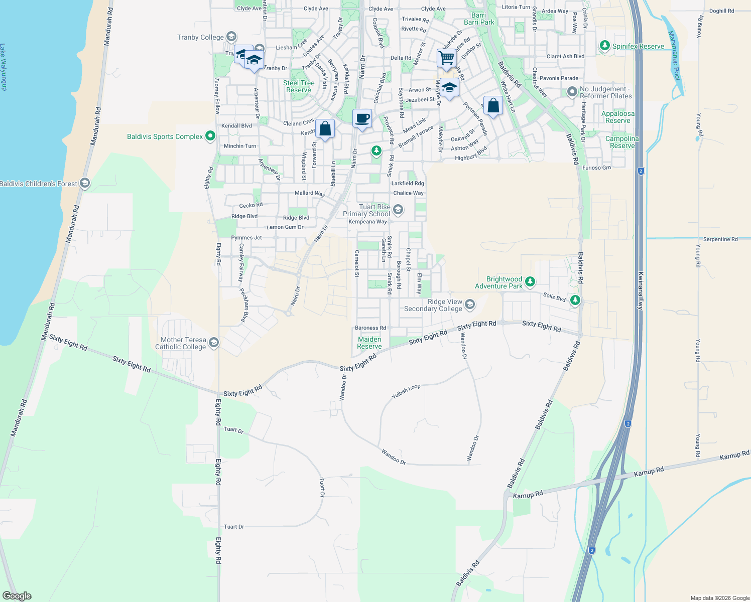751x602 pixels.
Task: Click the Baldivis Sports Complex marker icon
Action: tap(210, 136)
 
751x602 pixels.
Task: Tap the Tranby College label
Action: tap(200, 37)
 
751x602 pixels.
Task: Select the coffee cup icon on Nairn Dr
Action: tap(362, 119)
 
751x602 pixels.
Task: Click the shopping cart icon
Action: tap(446, 58)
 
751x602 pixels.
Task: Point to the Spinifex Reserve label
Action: tap(638, 46)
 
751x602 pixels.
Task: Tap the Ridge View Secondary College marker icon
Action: tap(470, 304)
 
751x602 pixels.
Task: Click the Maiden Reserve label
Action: tap(369, 343)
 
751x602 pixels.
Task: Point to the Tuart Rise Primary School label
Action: tap(366, 210)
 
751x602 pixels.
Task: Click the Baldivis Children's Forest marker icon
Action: tap(85, 184)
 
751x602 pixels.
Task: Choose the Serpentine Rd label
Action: tap(720, 239)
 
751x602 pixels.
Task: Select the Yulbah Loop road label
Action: tap(406, 391)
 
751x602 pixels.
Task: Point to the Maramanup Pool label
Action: tap(674, 55)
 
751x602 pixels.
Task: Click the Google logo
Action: tap(17, 596)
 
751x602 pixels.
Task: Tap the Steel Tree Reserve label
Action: tap(299, 86)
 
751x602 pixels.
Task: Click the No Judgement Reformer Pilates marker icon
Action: tap(572, 92)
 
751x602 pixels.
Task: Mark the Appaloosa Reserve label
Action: tap(618, 117)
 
